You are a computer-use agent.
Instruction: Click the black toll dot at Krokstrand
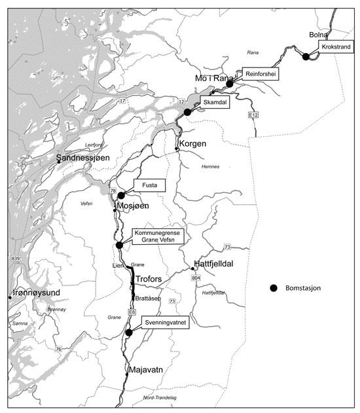(306, 56)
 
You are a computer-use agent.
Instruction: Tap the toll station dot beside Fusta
(121, 195)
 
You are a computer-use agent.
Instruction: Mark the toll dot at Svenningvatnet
(129, 332)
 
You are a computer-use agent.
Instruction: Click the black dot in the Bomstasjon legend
(274, 288)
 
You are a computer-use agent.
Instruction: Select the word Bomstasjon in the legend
(306, 288)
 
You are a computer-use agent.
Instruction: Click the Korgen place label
(193, 142)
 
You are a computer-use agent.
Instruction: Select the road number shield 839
(15, 260)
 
